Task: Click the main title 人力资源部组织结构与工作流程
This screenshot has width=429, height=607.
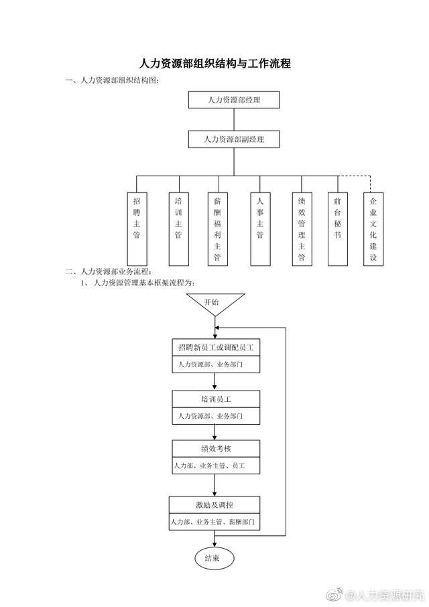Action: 215,63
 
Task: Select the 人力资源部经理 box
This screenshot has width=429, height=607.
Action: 234,100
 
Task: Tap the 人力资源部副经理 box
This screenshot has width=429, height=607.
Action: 234,139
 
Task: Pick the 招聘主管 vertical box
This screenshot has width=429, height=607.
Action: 137,229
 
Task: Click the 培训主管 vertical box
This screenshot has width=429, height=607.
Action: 179,229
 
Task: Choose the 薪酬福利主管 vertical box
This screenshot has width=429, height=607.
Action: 218,229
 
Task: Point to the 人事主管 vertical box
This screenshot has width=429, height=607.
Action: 260,229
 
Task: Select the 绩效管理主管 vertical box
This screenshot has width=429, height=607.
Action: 302,229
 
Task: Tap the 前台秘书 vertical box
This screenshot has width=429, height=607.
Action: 338,229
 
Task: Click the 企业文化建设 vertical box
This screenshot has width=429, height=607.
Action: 373,229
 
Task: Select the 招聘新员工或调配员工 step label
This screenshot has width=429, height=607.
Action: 216,348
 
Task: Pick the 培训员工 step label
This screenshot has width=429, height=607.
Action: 216,399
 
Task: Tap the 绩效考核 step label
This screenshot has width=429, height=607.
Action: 216,449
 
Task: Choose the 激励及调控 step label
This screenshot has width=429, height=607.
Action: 214,505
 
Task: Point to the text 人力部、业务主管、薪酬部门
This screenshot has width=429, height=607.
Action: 213,522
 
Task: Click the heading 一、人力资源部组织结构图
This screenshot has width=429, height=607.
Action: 112,80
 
